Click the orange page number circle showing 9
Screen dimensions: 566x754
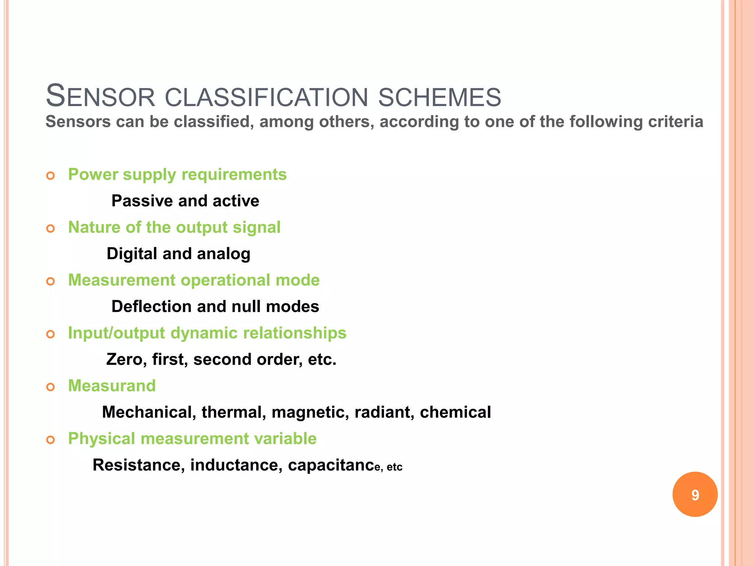(x=695, y=495)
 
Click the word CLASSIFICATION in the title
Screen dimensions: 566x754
(x=266, y=98)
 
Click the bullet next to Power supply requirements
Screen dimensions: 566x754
(x=50, y=176)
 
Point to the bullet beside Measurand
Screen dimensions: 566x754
(x=50, y=387)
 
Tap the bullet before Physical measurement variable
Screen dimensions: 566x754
(x=50, y=440)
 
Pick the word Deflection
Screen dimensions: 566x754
(x=151, y=307)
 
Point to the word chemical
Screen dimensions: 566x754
(x=455, y=412)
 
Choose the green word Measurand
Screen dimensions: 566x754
(x=112, y=386)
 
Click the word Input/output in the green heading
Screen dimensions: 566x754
(x=116, y=333)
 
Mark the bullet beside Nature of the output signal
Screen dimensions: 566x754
(x=50, y=229)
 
